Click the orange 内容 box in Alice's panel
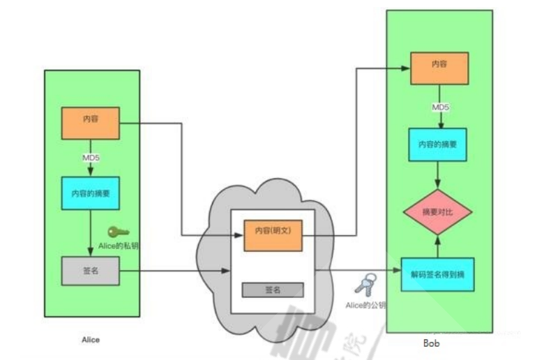point(91,123)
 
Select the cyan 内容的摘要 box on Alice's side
point(91,192)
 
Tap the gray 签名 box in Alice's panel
point(91,271)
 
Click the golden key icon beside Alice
point(118,232)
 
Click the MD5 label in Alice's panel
point(91,158)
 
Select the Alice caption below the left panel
point(90,340)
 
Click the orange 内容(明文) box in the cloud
point(273,235)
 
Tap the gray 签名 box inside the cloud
point(273,290)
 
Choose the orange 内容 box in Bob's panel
point(439,68)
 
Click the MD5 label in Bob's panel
point(439,107)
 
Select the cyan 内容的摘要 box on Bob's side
point(438,145)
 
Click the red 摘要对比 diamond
point(438,211)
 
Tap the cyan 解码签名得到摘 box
point(438,273)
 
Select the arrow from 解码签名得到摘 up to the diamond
point(438,246)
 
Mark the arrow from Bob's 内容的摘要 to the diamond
point(438,175)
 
